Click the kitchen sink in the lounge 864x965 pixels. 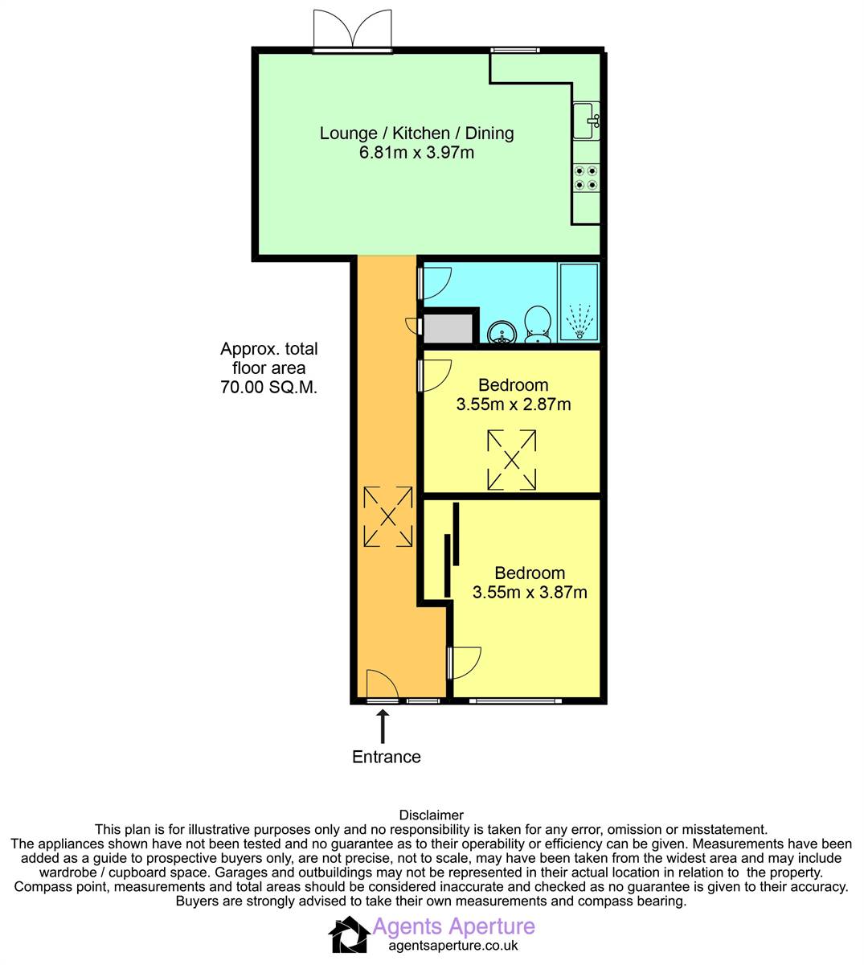pos(586,121)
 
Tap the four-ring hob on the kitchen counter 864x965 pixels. pos(586,177)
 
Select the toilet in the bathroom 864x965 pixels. pos(538,324)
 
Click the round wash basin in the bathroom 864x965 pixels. pos(502,332)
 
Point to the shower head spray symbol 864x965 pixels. pos(579,321)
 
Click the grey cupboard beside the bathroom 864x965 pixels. pos(448,328)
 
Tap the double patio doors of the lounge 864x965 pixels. pos(353,30)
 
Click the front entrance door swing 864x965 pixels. pos(383,685)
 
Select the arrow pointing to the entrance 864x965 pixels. pos(383,726)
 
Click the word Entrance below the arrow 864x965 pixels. pos(386,757)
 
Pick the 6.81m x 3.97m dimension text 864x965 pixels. pos(416,153)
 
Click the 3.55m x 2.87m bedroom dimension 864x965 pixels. pos(513,404)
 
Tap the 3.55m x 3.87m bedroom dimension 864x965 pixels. pos(530,592)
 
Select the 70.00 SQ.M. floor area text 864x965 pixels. pos(268,387)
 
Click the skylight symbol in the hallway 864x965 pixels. pos(388,516)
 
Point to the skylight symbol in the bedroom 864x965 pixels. pos(512,460)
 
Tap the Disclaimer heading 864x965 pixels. pos(432,815)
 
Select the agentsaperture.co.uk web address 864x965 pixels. pos(453,946)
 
